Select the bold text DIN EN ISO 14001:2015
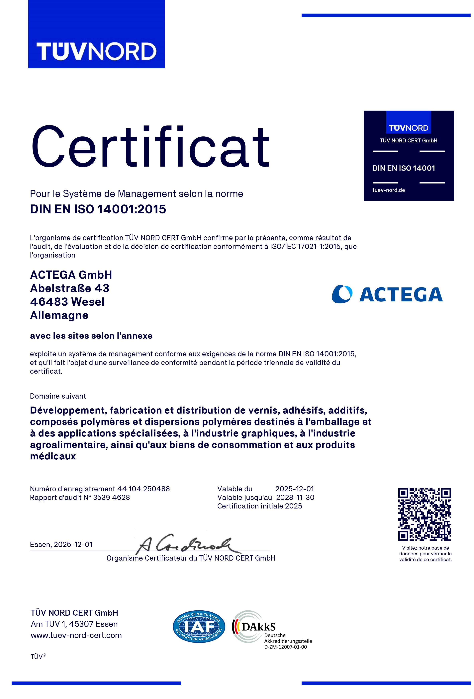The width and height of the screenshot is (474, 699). (98, 209)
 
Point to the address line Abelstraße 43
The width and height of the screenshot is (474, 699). (69, 288)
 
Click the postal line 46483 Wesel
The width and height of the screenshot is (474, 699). (67, 302)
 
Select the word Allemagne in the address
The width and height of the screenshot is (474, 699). (59, 315)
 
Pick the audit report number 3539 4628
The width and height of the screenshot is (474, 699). (111, 498)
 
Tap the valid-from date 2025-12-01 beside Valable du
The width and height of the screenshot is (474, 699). (294, 489)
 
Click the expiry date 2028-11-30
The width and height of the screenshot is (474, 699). (295, 498)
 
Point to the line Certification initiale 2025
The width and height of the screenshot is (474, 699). (259, 506)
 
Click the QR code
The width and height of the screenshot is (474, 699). (424, 514)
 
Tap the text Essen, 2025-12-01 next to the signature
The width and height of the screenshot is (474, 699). (61, 544)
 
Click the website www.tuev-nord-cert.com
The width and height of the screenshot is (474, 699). (76, 635)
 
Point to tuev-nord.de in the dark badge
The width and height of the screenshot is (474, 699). (389, 190)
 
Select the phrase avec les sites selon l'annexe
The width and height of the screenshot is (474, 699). (91, 336)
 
